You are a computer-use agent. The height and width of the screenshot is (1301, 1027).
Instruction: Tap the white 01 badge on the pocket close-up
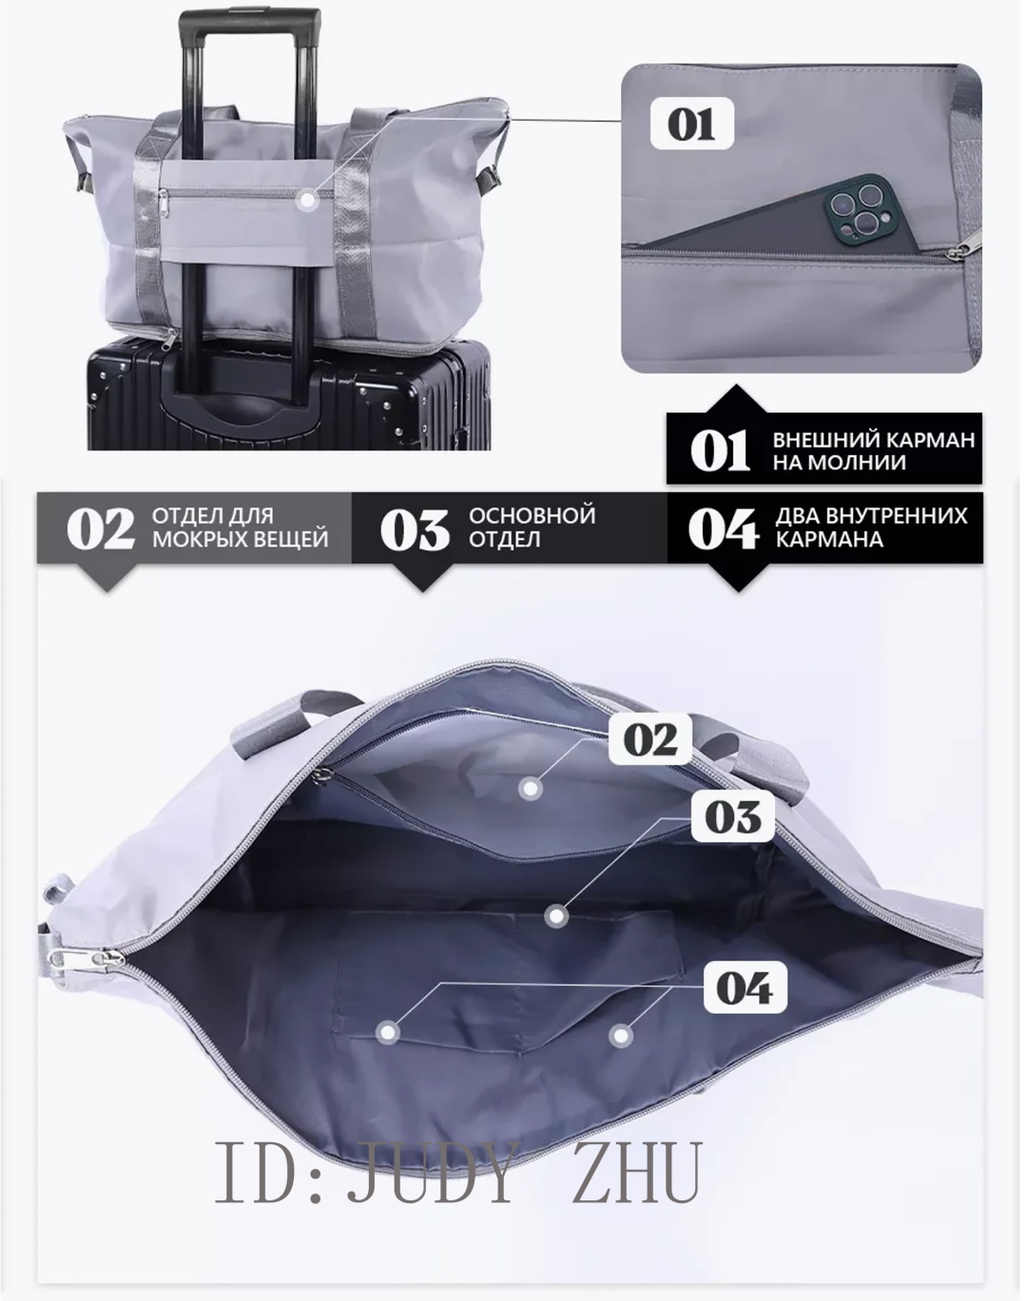pyautogui.click(x=692, y=124)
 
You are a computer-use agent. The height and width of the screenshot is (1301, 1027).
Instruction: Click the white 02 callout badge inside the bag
pyautogui.click(x=651, y=738)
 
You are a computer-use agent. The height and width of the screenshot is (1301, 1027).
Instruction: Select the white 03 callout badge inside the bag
pyautogui.click(x=733, y=816)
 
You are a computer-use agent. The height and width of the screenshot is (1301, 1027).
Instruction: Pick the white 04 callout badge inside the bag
pyautogui.click(x=745, y=987)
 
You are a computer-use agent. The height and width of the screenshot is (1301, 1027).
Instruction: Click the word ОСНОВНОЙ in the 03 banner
pyautogui.click(x=532, y=516)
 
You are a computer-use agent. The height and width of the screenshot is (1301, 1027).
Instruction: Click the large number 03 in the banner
pyautogui.click(x=416, y=529)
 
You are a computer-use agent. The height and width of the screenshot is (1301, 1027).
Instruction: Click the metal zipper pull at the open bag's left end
pyautogui.click(x=87, y=960)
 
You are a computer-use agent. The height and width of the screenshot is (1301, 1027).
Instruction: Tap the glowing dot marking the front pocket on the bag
pyautogui.click(x=308, y=201)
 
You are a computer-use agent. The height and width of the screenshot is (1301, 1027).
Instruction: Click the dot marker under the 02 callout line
pyautogui.click(x=531, y=789)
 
